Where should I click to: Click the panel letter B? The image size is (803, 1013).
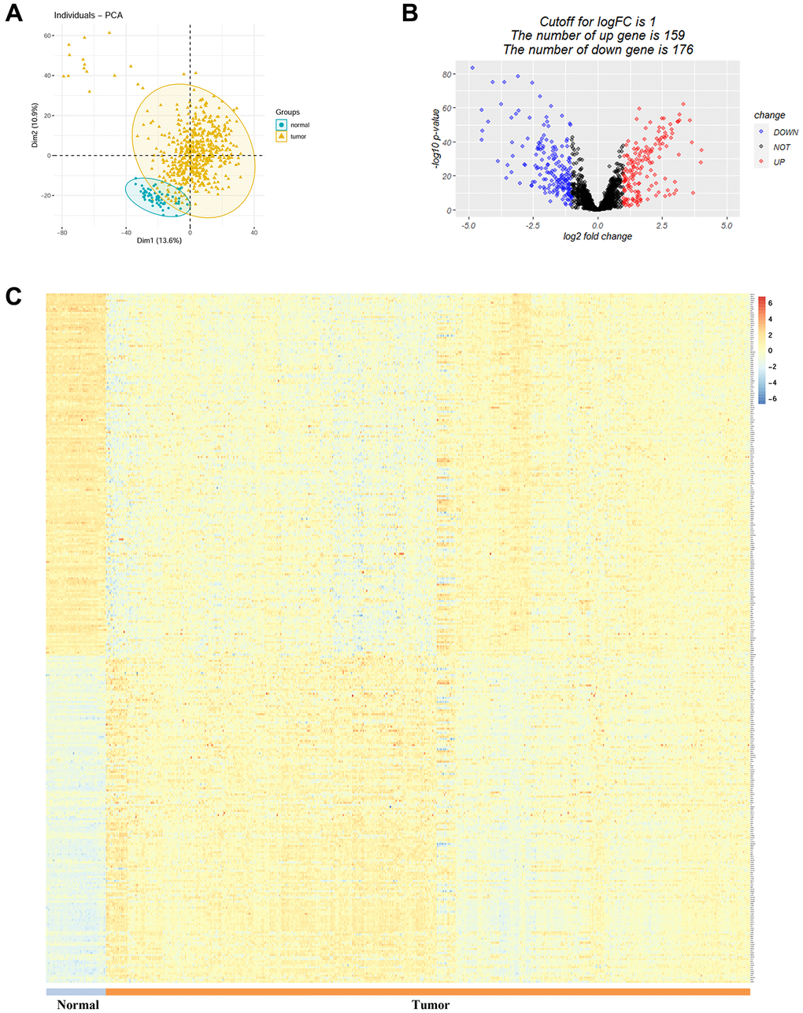[x=410, y=13]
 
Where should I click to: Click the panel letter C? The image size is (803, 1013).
[x=13, y=296]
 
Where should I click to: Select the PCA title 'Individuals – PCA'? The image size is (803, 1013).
[x=88, y=16]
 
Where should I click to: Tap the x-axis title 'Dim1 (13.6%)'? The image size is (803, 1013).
[x=159, y=240]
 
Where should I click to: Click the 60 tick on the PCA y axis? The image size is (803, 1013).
[x=47, y=36]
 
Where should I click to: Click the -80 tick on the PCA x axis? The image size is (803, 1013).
[x=62, y=233]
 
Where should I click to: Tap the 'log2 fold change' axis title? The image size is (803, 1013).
[x=598, y=236]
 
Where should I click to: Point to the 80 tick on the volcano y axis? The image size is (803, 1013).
[x=446, y=75]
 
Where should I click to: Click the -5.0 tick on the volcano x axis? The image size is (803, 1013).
[x=468, y=226]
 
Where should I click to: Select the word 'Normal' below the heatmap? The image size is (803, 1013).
[x=78, y=1004]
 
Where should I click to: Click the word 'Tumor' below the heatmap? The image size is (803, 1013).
[x=431, y=1004]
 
